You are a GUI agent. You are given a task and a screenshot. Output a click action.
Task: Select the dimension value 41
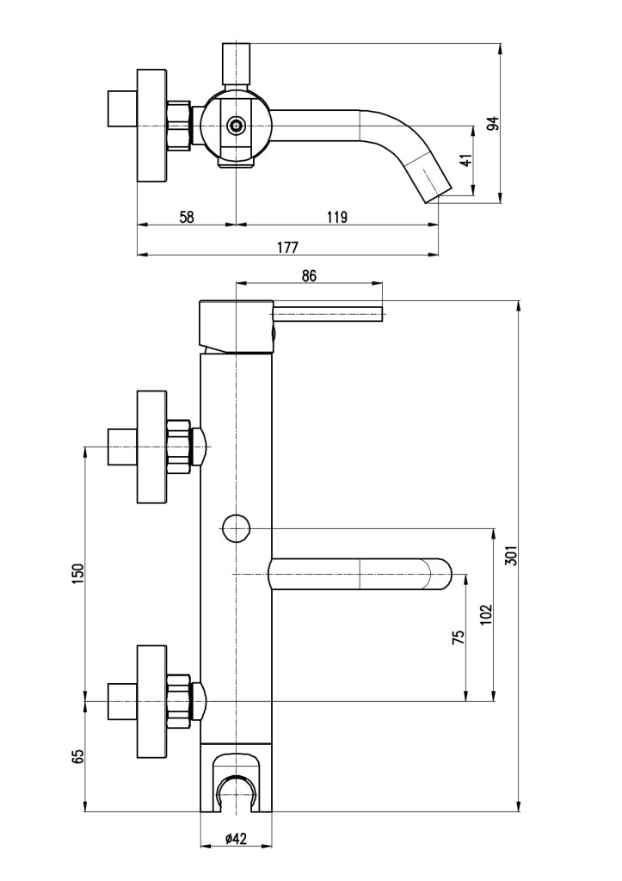(x=465, y=161)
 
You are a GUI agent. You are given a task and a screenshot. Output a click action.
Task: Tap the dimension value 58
(x=186, y=218)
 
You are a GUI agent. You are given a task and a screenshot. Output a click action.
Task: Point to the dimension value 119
(x=337, y=218)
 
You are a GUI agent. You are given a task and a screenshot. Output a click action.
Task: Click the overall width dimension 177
(x=287, y=248)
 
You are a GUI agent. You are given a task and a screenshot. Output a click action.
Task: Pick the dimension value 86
(x=310, y=276)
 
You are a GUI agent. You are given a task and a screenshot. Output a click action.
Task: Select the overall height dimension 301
(x=511, y=557)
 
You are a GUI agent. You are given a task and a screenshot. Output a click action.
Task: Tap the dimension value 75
(x=458, y=637)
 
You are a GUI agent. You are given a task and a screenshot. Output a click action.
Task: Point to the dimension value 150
(x=77, y=573)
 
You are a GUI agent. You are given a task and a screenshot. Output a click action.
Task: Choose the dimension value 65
(x=77, y=757)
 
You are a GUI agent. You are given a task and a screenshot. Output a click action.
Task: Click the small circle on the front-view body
(x=235, y=527)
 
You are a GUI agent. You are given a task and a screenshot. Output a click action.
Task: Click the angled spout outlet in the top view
(x=434, y=180)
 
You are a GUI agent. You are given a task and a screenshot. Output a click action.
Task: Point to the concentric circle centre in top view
(x=236, y=126)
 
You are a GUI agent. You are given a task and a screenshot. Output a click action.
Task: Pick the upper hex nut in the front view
(x=178, y=446)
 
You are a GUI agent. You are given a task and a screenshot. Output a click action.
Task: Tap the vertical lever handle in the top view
(x=236, y=65)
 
